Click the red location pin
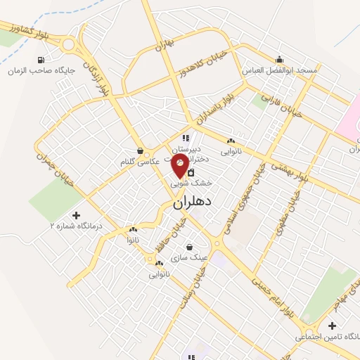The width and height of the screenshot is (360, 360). pyautogui.click(x=180, y=166)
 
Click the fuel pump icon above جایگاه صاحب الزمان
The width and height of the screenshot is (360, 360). pyautogui.click(x=41, y=59)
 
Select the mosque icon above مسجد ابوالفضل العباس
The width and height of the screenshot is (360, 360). pyautogui.click(x=281, y=58)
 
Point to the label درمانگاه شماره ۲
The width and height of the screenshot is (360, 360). pyautogui.click(x=76, y=226)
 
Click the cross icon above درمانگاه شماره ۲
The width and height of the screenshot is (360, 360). pyautogui.click(x=76, y=214)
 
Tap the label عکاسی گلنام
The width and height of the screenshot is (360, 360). pyautogui.click(x=140, y=162)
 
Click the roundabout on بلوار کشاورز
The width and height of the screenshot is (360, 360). pyautogui.click(x=69, y=45)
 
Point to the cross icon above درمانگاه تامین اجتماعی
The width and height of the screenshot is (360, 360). pyautogui.click(x=332, y=326)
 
